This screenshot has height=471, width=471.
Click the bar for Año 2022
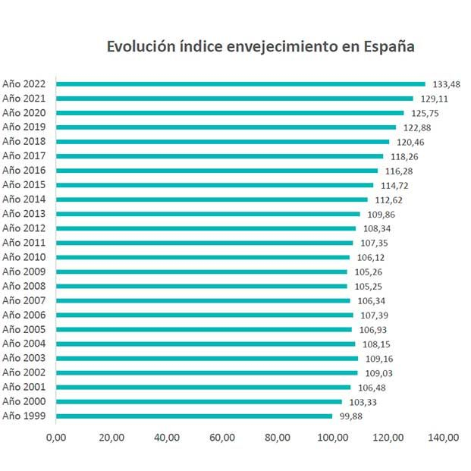point(240,84)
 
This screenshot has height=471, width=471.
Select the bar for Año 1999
point(194,416)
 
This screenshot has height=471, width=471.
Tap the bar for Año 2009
point(202,272)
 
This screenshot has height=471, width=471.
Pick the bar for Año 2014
point(212,199)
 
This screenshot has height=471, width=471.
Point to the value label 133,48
point(447,84)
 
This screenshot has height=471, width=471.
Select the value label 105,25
point(368,287)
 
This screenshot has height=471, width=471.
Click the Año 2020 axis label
point(25,113)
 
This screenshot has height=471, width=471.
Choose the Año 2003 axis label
point(25,358)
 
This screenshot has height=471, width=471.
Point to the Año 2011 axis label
point(25,243)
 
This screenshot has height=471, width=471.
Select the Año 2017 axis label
point(25,156)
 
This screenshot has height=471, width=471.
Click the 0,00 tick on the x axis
point(56,438)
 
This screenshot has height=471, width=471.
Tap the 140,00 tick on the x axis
point(443,438)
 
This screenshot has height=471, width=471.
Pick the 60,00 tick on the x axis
point(221,438)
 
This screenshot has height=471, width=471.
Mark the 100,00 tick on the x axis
point(332,438)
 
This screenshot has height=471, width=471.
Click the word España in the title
point(388,46)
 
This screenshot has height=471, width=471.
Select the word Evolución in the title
point(138,46)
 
